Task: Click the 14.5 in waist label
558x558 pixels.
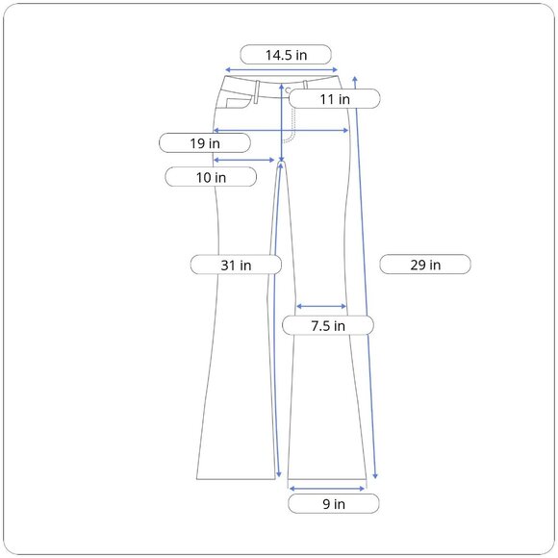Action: tap(286, 55)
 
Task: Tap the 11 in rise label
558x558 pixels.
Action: tap(335, 99)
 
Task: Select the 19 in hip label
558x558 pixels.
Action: tap(205, 143)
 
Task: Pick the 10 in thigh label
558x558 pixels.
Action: tap(211, 177)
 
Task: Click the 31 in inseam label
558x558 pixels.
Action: tap(236, 265)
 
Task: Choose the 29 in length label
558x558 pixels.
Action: tap(425, 265)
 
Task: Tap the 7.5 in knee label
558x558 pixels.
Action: tap(328, 325)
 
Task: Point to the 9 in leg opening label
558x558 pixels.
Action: tap(334, 503)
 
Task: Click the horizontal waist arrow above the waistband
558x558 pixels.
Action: tap(282, 69)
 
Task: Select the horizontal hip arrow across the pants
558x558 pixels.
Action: tap(281, 130)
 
